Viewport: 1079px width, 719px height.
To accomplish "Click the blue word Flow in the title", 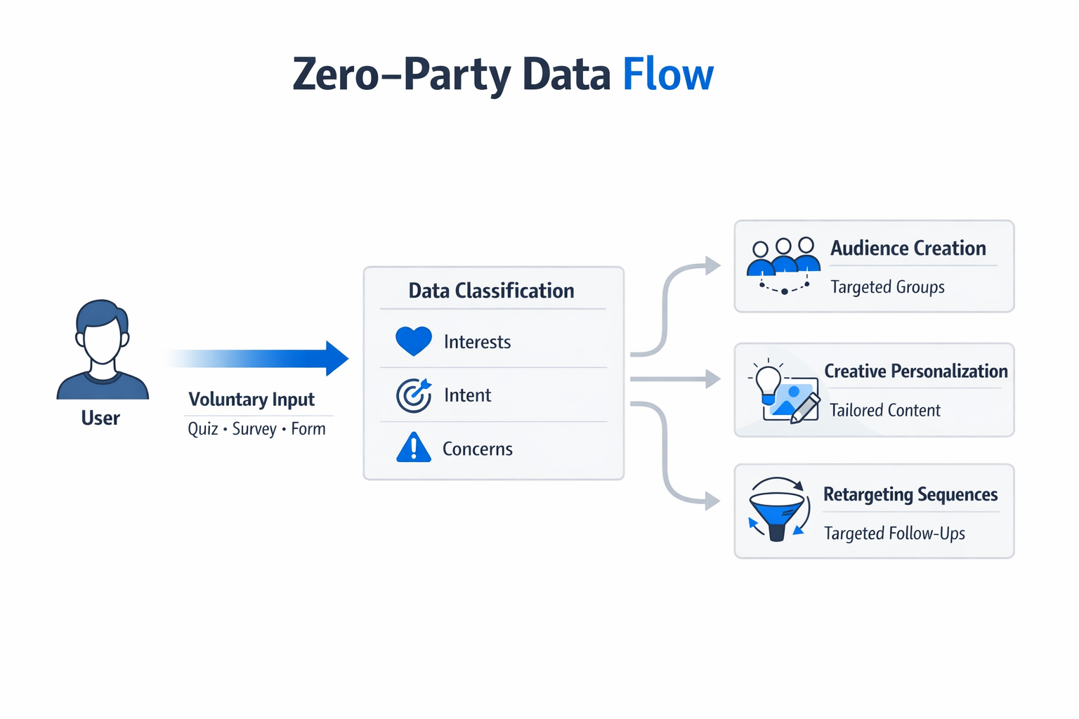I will click(667, 74).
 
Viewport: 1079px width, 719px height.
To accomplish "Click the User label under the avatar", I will click(100, 418).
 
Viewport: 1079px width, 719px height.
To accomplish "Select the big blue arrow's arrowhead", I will click(336, 358).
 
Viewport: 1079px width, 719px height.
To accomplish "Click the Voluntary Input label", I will click(251, 400).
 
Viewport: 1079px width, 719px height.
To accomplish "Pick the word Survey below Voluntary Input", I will click(254, 429).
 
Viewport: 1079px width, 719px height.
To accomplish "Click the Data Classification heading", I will click(491, 291).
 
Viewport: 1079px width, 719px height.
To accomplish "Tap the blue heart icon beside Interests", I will click(413, 341).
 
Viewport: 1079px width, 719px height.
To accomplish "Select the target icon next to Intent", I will click(413, 395).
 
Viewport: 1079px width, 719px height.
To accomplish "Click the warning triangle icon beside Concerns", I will click(413, 448).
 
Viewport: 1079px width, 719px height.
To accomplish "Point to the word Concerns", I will click(478, 449).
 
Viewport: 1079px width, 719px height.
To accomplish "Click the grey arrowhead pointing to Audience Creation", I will click(712, 265).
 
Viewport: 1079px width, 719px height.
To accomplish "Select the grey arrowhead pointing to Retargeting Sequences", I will click(712, 501).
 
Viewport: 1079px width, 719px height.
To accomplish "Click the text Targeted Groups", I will click(887, 287).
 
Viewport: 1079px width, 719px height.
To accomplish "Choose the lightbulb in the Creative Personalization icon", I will click(768, 381).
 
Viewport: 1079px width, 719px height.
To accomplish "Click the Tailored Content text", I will click(884, 410).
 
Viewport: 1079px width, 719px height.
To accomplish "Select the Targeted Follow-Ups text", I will click(894, 534).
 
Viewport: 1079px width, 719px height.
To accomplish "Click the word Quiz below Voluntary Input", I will click(202, 429).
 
